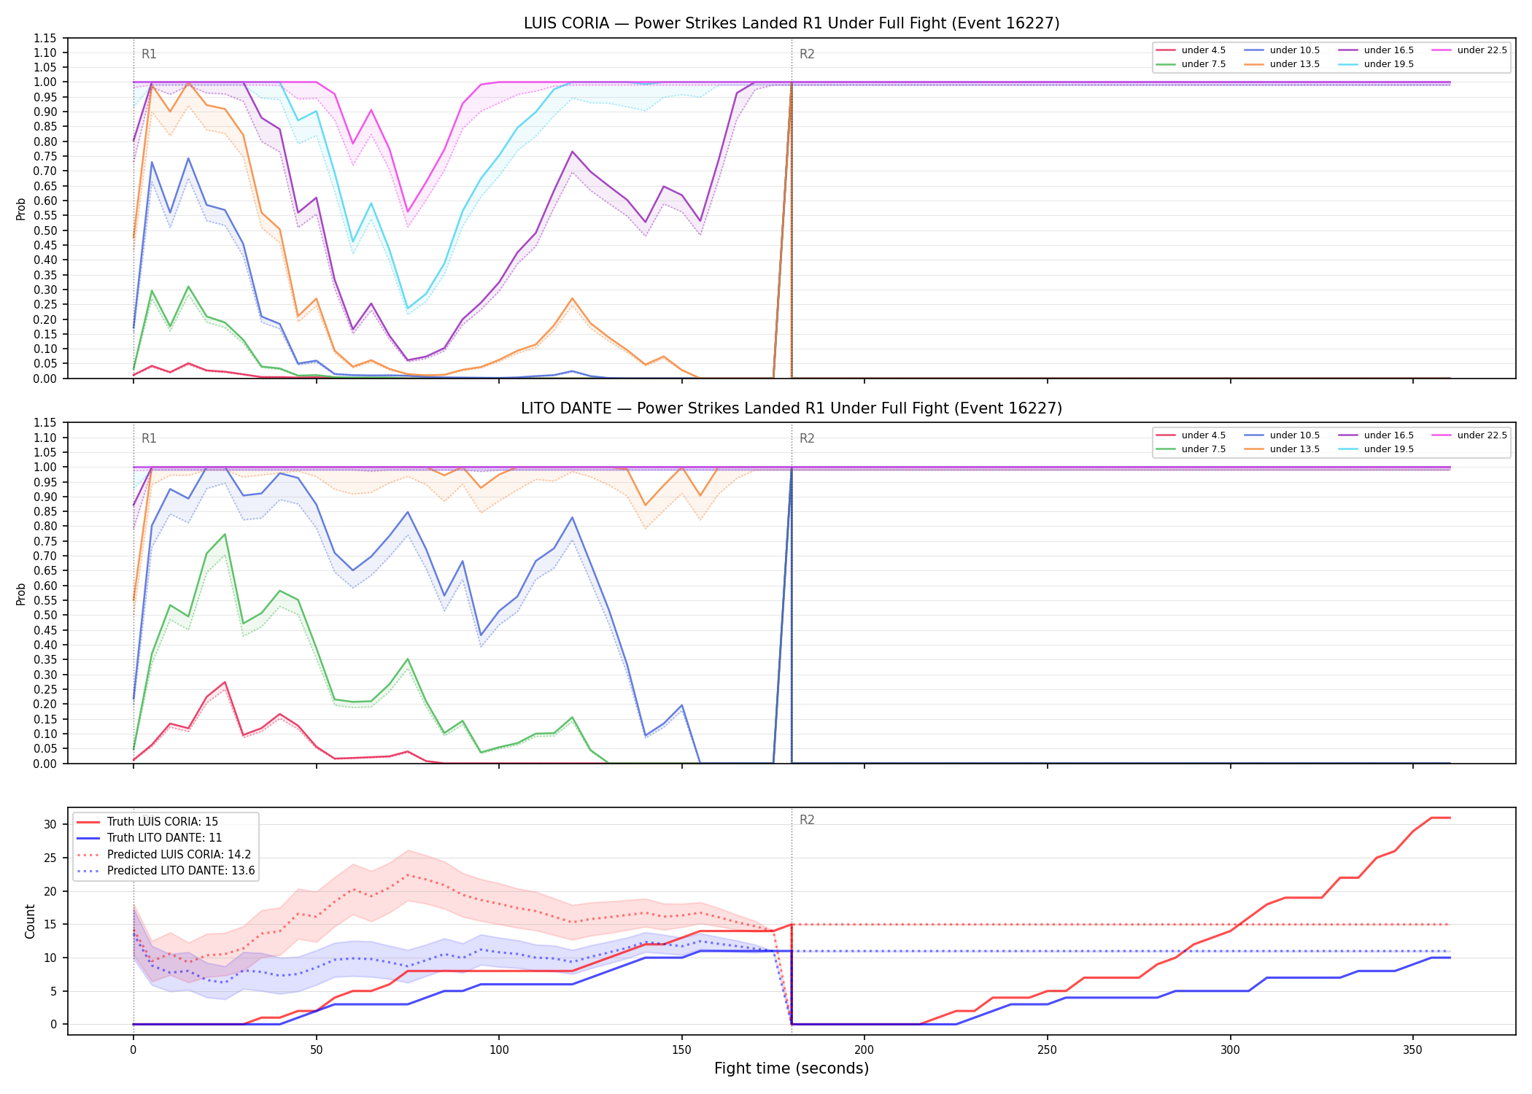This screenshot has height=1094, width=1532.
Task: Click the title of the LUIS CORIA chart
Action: tap(792, 23)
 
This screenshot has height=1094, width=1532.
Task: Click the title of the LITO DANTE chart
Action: tap(792, 408)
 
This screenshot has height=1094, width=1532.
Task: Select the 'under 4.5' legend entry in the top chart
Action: tap(1191, 50)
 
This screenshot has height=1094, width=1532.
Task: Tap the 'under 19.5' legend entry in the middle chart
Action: tap(1377, 449)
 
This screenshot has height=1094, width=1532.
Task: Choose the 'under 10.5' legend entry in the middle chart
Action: tap(1283, 435)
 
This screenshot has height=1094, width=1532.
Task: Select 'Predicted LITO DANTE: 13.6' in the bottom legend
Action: tap(166, 871)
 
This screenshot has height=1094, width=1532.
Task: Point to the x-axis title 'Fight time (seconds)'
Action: tap(792, 1068)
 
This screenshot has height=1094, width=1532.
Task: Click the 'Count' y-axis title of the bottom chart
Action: tap(30, 921)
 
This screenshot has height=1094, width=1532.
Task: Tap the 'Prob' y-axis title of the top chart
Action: tap(21, 209)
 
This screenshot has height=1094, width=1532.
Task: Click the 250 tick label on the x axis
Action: tap(1048, 1050)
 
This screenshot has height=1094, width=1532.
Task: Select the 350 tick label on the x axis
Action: tap(1413, 1050)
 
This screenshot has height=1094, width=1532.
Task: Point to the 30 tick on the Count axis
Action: tap(50, 825)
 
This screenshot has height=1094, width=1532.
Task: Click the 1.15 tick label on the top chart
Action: tap(45, 38)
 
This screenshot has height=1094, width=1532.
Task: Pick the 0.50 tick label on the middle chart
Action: tap(45, 616)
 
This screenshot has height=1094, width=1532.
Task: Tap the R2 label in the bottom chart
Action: tap(807, 820)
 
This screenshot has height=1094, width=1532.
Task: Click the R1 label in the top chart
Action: tap(149, 54)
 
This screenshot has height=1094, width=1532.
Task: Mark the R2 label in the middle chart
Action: tap(807, 438)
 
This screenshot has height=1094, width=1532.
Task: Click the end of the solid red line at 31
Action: tap(1450, 818)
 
